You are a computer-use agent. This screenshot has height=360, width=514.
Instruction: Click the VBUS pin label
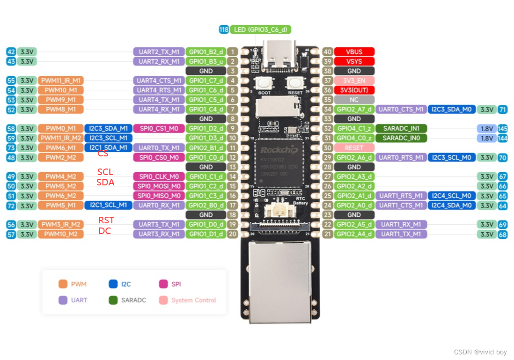point(354,52)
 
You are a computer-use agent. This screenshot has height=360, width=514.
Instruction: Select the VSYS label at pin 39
point(354,61)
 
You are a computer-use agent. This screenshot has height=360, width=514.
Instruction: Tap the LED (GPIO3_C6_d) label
point(260,29)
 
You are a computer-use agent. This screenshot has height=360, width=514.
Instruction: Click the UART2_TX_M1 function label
point(157,52)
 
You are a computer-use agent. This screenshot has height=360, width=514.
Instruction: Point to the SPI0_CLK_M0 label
point(156,176)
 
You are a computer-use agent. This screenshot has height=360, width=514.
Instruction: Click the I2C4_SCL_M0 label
point(451,196)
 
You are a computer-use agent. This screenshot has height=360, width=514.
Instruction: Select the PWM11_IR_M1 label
point(61,81)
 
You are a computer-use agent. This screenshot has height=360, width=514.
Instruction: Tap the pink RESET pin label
point(354,148)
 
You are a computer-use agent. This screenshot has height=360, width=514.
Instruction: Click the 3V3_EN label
point(354,81)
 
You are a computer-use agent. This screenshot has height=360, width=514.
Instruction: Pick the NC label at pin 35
point(354,100)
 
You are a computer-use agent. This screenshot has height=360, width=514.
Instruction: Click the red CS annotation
point(103,154)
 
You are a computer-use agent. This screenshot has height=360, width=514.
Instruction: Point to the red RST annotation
point(106,220)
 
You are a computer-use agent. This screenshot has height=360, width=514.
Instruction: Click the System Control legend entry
point(188,300)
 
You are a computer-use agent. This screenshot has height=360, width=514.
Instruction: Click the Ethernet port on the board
point(280,281)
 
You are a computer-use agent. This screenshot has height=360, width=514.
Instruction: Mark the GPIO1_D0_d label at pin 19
point(206,225)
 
